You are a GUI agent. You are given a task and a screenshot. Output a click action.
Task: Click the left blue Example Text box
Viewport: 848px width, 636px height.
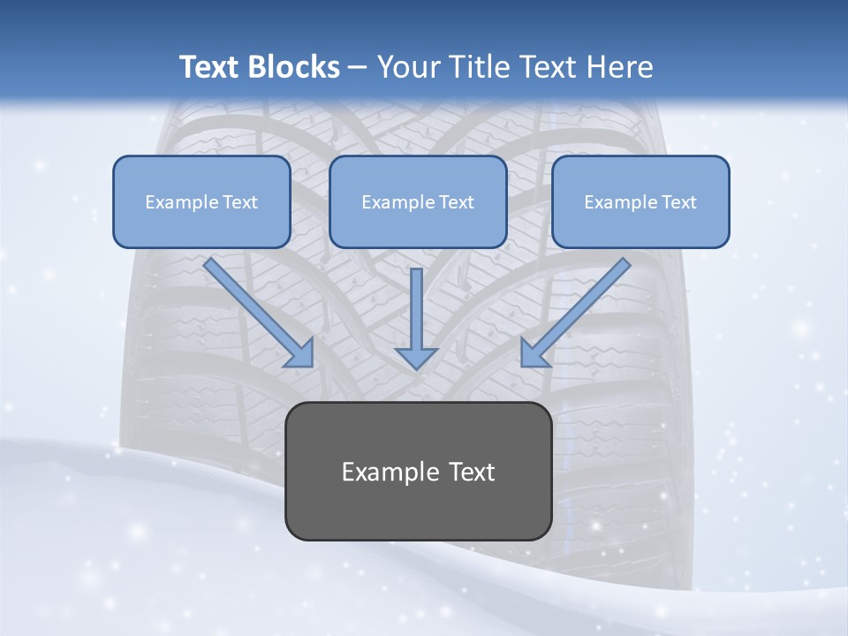[x=201, y=201]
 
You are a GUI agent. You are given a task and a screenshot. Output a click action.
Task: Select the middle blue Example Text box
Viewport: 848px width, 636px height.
[x=418, y=201]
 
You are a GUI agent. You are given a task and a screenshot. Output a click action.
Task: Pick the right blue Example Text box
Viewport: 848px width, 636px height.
[x=640, y=201]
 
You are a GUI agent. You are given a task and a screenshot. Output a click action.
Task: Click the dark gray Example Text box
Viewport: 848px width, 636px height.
[x=419, y=472]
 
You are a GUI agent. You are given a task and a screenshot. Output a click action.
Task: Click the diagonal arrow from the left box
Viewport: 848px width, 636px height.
[x=252, y=305]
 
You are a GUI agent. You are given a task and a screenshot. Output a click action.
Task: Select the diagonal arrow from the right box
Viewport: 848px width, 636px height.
[x=583, y=305]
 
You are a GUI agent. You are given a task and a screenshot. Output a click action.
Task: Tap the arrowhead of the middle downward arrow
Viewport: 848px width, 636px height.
[x=416, y=358]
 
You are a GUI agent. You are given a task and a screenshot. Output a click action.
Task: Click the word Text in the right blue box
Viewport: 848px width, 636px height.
[x=678, y=201]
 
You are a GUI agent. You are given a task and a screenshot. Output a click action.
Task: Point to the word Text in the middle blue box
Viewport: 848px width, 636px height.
[x=456, y=201]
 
